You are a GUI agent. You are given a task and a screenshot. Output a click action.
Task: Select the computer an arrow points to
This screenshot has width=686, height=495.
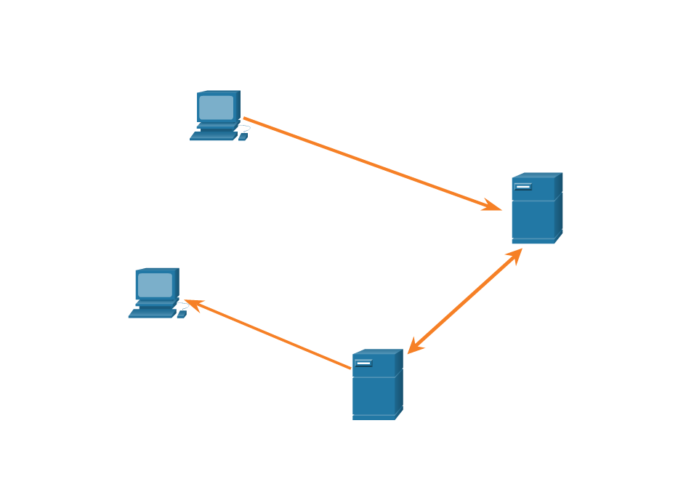156,292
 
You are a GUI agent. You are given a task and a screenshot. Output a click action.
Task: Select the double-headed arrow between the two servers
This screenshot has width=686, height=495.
465,301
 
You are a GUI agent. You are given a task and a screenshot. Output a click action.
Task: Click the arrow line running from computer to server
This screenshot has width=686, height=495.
371,164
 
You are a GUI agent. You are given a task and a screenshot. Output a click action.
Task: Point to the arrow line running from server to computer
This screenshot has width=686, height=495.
269,334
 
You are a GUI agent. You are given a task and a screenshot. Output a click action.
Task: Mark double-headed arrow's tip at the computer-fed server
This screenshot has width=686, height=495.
516,254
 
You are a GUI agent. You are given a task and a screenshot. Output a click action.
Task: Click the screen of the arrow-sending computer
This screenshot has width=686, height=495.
217,108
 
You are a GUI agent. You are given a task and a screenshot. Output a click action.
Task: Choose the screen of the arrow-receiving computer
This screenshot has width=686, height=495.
155,285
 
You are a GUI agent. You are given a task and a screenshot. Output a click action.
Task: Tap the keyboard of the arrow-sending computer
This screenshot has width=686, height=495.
214,136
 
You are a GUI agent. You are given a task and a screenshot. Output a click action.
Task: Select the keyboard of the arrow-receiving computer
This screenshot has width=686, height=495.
152,314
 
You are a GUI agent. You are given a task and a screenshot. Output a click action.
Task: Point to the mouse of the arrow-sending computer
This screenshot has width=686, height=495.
243,136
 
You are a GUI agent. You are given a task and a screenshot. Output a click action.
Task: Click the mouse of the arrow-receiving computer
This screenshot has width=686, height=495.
182,314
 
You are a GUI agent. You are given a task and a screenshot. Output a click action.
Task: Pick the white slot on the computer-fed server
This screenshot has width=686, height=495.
522,187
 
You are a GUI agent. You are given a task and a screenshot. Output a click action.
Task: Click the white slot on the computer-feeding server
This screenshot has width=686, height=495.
363,363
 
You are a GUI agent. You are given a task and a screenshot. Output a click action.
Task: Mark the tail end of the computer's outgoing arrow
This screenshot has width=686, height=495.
246,118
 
